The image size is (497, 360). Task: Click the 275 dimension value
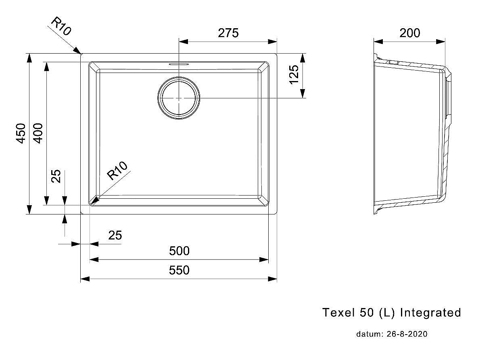click(228, 33)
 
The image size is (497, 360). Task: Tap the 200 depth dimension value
click(409, 33)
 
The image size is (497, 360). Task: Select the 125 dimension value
click(294, 75)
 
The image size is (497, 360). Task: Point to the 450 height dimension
click(21, 133)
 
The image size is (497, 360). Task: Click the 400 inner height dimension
click(38, 133)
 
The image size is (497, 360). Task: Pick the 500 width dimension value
click(179, 251)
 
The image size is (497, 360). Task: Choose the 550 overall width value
click(179, 270)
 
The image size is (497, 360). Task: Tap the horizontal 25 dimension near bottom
click(115, 235)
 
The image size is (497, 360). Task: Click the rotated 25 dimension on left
click(56, 176)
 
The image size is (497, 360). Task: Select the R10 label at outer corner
click(61, 26)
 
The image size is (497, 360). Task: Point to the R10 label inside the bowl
click(117, 171)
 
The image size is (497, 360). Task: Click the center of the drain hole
click(179, 98)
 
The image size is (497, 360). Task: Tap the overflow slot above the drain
click(179, 64)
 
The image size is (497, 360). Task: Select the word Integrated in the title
click(430, 313)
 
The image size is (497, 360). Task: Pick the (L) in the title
click(387, 313)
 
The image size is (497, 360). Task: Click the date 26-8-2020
click(407, 334)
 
